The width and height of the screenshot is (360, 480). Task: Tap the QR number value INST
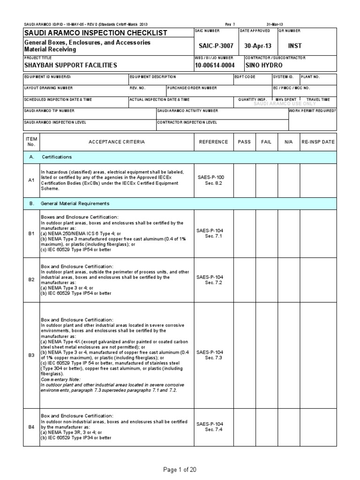(295, 45)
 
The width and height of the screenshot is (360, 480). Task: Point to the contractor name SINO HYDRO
(264, 65)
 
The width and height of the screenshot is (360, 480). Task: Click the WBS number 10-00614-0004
(215, 65)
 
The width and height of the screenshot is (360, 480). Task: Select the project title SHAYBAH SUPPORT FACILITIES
(71, 65)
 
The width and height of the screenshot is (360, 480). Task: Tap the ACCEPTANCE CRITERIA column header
(117, 142)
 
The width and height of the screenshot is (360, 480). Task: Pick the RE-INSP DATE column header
(318, 142)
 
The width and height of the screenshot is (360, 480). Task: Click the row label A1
(31, 180)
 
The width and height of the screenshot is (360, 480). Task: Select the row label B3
(31, 355)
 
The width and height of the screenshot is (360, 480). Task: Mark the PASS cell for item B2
(245, 279)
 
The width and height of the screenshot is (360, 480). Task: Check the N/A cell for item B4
(285, 427)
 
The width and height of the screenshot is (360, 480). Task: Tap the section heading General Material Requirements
(76, 203)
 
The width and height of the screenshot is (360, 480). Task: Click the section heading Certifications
(57, 157)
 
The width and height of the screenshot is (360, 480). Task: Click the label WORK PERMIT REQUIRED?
(313, 111)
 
